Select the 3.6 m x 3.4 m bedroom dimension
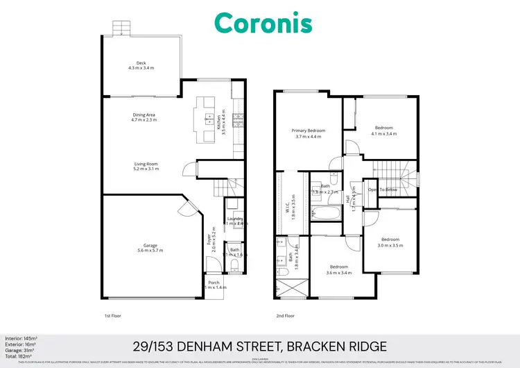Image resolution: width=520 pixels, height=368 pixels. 339,272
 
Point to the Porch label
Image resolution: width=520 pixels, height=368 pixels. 214,282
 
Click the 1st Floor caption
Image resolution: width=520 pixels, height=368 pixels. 113,315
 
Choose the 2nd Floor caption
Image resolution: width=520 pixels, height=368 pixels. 285,315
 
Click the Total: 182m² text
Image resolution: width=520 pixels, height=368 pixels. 17,354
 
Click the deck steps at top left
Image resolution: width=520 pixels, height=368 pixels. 121,27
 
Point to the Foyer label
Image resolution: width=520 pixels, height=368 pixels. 209,240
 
